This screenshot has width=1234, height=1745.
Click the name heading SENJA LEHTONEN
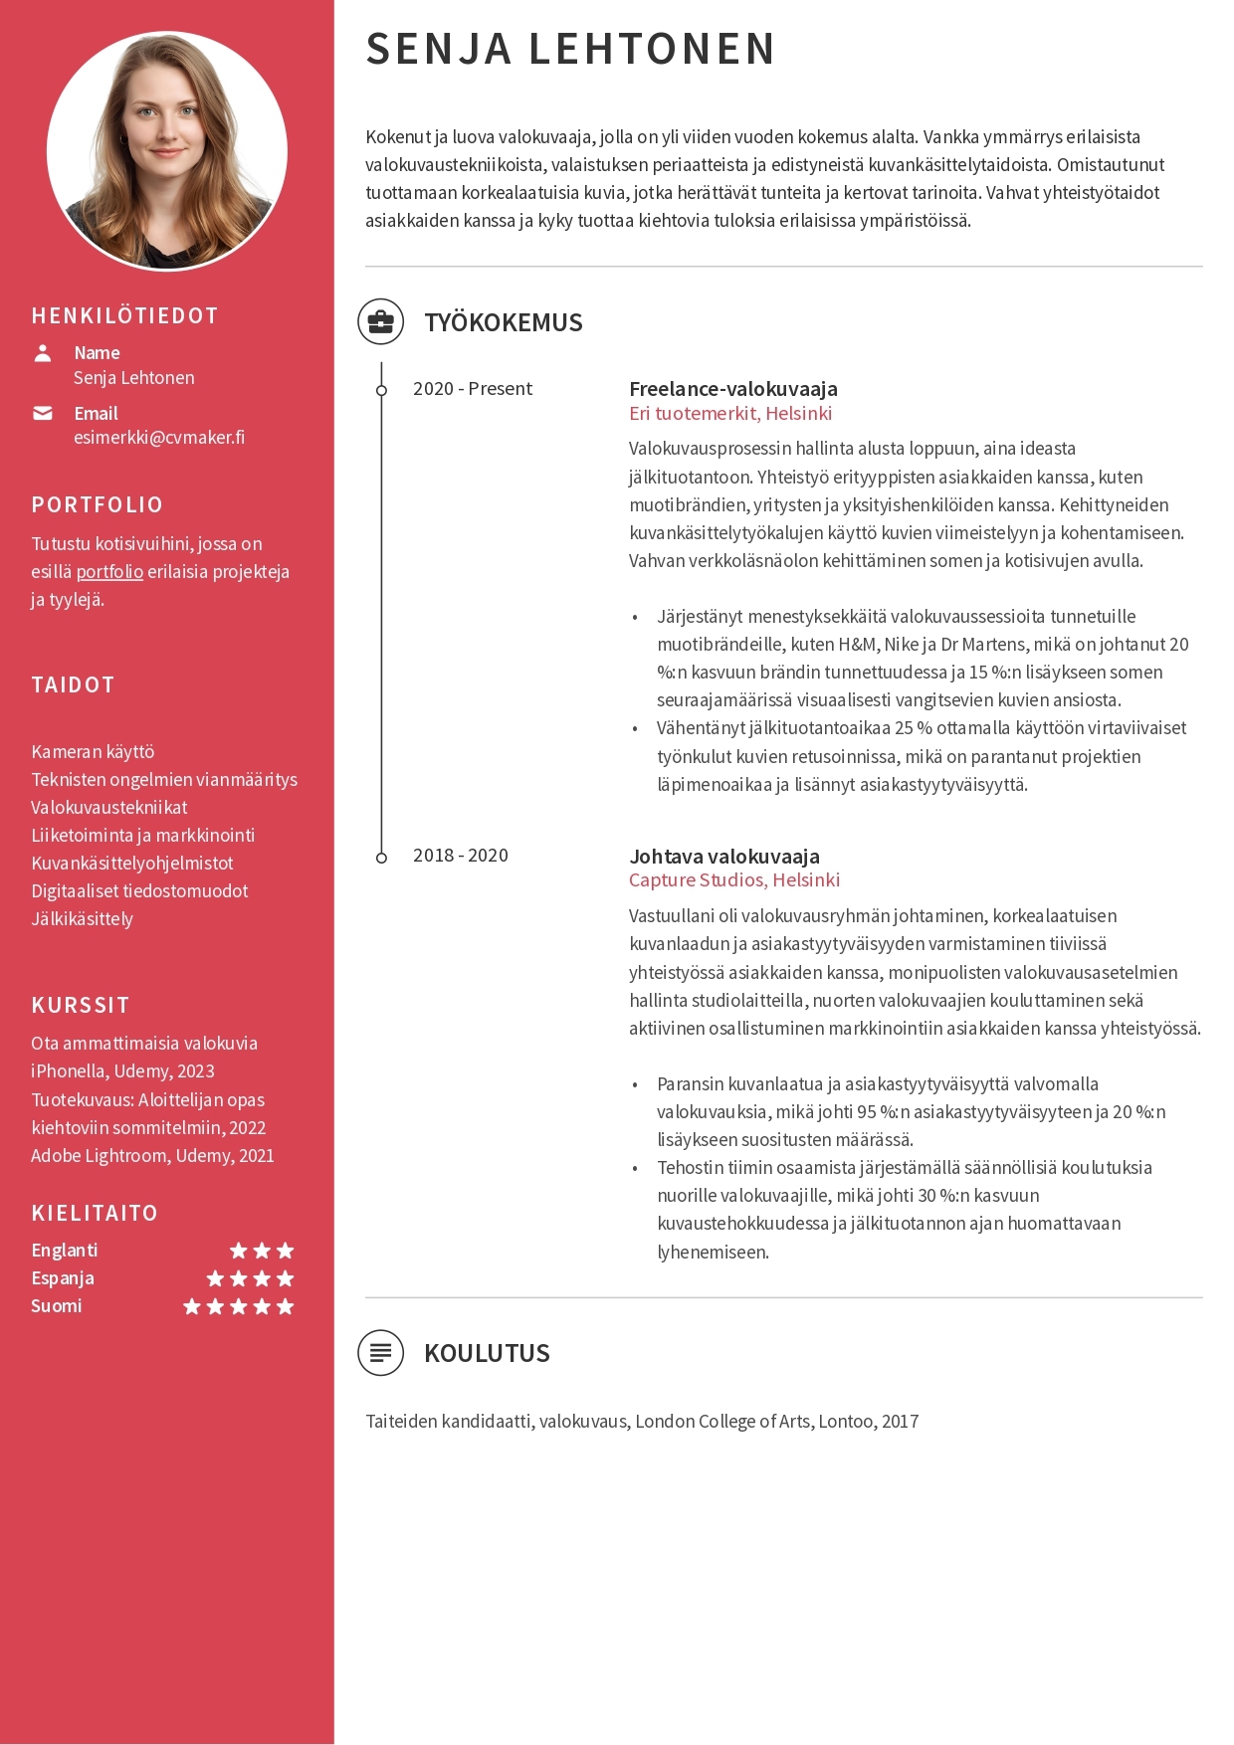click(570, 49)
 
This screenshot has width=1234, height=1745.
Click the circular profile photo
click(167, 150)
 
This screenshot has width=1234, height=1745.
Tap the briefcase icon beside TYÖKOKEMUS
click(381, 322)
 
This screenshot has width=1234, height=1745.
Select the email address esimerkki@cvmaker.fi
click(159, 437)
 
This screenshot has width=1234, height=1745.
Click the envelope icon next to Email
click(43, 413)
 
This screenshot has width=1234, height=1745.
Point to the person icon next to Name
click(43, 353)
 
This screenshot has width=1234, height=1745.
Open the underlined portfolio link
click(109, 572)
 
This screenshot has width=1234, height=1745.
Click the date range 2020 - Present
click(473, 389)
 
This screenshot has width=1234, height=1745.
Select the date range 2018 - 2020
click(461, 856)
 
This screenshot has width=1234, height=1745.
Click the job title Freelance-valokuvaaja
click(733, 389)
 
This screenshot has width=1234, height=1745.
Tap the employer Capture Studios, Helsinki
click(734, 880)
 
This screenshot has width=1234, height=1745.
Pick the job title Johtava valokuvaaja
click(724, 857)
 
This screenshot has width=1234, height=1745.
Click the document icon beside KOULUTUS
click(381, 1353)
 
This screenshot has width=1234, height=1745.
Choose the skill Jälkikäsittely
click(82, 919)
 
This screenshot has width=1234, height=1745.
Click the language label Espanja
click(63, 1278)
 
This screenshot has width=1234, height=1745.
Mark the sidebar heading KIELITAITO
click(95, 1214)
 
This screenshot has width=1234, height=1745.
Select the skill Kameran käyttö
click(93, 752)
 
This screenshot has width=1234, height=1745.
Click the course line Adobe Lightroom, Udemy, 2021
click(152, 1156)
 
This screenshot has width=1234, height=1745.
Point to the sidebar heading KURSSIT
click(81, 1006)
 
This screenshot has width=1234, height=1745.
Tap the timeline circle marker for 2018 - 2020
click(381, 858)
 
